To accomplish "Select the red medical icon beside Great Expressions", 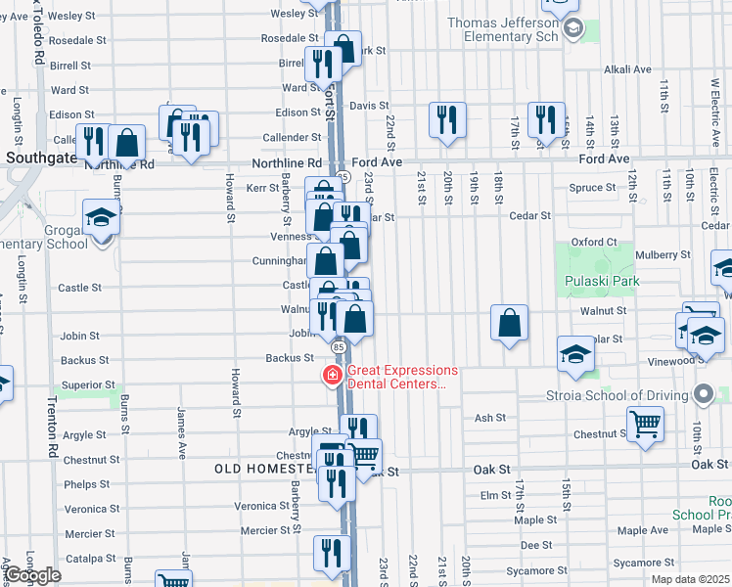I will (x=334, y=376).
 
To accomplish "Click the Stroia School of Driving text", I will (x=618, y=397).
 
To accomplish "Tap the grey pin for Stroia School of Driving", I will (x=703, y=395).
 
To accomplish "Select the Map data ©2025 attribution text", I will (x=689, y=579).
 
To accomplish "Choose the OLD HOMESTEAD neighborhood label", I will (x=264, y=469).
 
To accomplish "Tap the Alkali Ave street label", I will (x=627, y=69).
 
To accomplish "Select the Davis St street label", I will (x=363, y=105).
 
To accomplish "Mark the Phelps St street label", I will (x=87, y=484).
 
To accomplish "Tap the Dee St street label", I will (x=531, y=545).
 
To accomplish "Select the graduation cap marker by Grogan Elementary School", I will (x=100, y=216).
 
